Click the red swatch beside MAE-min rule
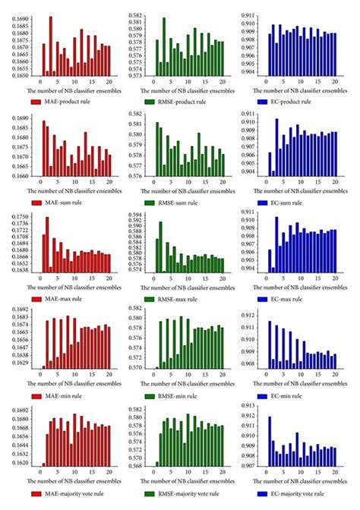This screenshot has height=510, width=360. (x=36, y=396)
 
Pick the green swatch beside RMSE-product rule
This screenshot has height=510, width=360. (x=148, y=101)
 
